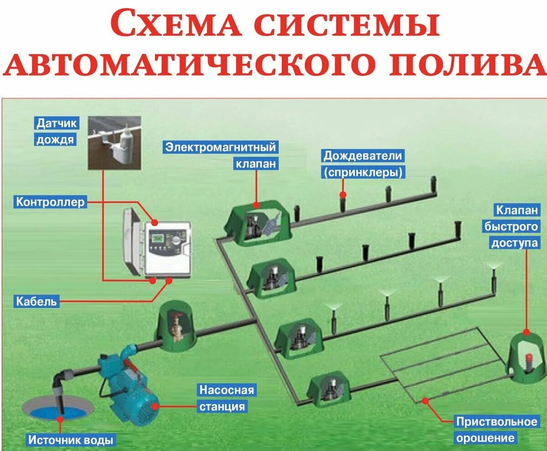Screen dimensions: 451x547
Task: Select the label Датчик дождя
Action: tap(55, 131)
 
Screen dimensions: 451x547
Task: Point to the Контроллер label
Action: tap(51, 201)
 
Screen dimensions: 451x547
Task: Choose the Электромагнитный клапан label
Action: tap(221, 155)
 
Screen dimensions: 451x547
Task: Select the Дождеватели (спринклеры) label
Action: tap(363, 164)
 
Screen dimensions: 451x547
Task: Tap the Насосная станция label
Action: tap(226, 398)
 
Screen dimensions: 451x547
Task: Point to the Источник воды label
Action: tap(71, 441)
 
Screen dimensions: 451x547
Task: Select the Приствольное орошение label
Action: tap(496, 430)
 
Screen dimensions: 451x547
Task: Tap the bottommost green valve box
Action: tap(328, 391)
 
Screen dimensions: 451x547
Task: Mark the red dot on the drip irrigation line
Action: tap(425, 400)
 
